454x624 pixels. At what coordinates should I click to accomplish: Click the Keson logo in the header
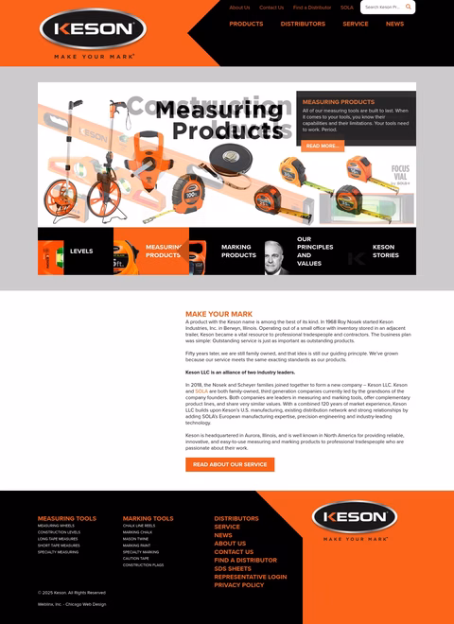coord(93,29)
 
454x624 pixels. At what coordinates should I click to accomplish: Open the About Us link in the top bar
coord(239,8)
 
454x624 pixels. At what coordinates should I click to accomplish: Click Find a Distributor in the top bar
coord(311,8)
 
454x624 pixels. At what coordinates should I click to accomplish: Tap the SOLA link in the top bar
coord(347,8)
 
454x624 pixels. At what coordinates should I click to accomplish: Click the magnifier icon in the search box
coord(409,8)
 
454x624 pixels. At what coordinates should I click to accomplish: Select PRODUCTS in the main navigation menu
coord(246,24)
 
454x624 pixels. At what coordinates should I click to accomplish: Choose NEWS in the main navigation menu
coord(394,24)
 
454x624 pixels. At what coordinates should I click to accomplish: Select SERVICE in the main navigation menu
coord(356,24)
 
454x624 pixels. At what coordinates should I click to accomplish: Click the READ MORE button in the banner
coord(323,146)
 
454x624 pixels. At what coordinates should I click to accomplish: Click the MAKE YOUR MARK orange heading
coord(218,314)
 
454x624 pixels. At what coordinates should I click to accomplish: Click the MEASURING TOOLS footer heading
coord(66,518)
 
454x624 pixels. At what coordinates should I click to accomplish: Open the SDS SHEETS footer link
coord(233,568)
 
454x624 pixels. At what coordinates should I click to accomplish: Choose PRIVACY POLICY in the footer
coord(239,585)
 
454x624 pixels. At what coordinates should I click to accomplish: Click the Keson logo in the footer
coord(355,518)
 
